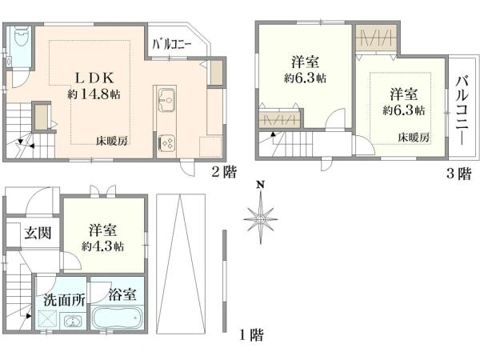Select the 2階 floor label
click(224, 170)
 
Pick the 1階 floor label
click(251, 334)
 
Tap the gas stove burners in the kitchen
click(169, 142)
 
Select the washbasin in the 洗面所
click(73, 322)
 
